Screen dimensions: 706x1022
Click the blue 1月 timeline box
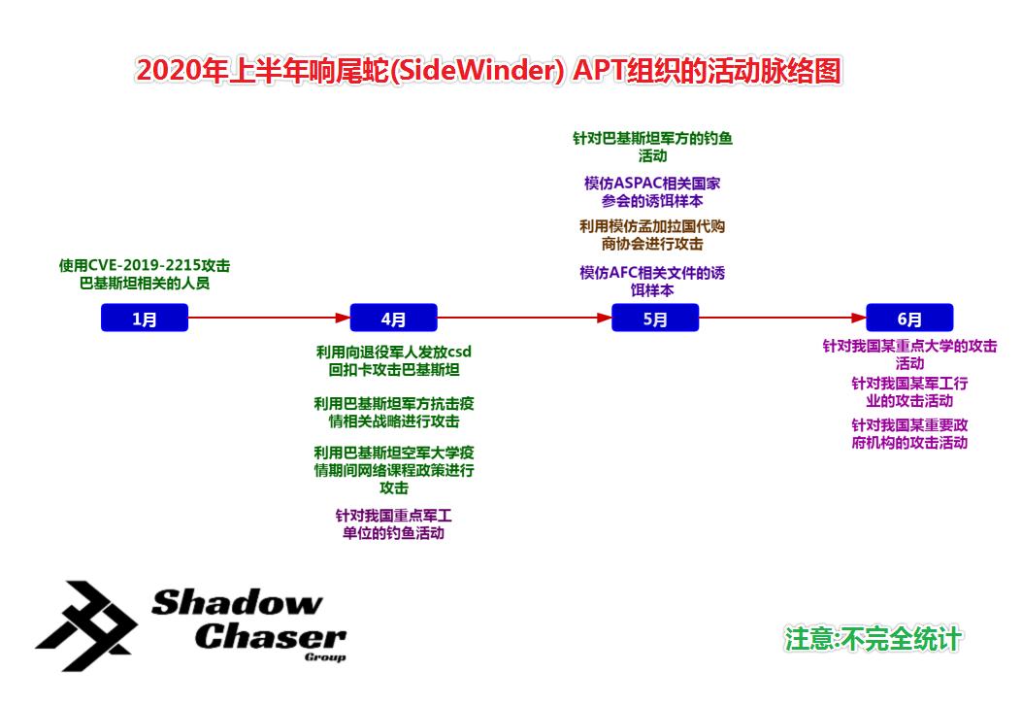[x=144, y=319]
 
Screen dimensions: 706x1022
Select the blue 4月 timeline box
[x=393, y=319]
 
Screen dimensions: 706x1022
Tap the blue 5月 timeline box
[x=655, y=319]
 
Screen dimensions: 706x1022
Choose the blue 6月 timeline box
[x=909, y=319]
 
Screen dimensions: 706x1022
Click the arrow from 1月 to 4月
[x=268, y=318]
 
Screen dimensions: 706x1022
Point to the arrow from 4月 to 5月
[x=524, y=318]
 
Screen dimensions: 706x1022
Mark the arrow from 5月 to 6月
[x=782, y=318]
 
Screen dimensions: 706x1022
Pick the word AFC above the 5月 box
[x=626, y=273]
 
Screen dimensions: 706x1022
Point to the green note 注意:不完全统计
[x=874, y=638]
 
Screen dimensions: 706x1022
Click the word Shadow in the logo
[x=237, y=603]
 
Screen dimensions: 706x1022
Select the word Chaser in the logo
[x=271, y=636]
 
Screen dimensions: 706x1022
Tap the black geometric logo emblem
[x=86, y=626]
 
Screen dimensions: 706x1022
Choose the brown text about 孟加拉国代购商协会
[x=652, y=235]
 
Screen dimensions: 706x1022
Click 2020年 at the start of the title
[x=181, y=72]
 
